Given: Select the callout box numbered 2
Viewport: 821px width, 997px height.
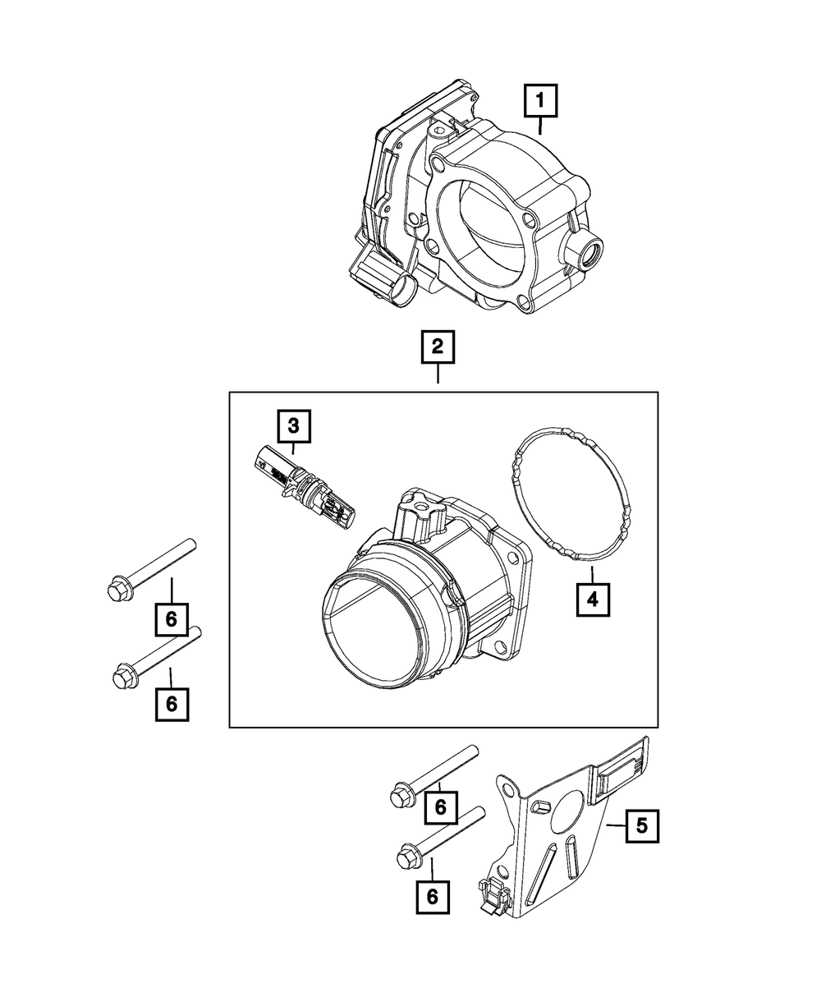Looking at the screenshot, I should click(x=438, y=348).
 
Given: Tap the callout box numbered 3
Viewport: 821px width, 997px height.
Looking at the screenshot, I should click(x=293, y=426).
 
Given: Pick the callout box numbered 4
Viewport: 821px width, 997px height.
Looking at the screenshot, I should click(x=592, y=601).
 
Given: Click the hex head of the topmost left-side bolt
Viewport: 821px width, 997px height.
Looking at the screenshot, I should click(x=115, y=589).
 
